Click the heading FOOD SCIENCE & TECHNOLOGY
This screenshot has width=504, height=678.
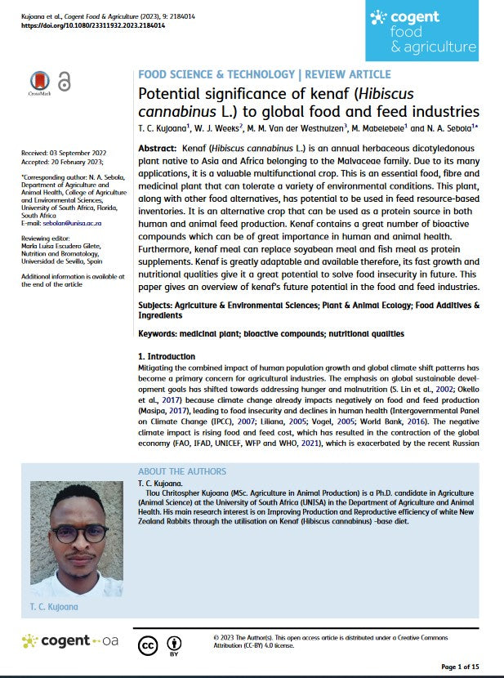216,74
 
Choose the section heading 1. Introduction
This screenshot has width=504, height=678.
167,356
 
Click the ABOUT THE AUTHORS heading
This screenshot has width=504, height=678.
182,471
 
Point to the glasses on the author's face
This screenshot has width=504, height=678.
82,533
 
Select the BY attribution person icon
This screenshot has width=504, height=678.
174,642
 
